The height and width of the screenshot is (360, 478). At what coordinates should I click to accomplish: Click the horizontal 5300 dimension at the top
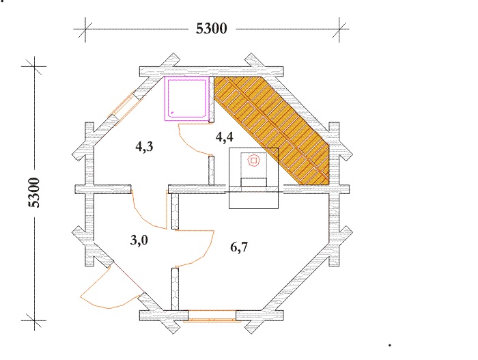[x=211, y=29]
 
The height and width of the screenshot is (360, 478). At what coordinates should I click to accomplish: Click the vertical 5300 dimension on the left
[x=34, y=193]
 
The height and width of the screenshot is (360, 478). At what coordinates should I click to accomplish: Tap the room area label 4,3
[x=144, y=147]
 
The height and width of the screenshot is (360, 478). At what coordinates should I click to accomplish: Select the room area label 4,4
[x=225, y=137]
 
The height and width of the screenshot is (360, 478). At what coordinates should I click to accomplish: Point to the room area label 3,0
[x=139, y=240]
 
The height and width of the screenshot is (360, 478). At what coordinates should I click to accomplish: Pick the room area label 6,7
[x=239, y=247]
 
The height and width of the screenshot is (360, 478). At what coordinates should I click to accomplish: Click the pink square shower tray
[x=186, y=98]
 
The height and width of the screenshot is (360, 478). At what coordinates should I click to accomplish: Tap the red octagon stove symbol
[x=253, y=160]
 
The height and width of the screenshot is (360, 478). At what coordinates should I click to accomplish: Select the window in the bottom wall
[x=212, y=316]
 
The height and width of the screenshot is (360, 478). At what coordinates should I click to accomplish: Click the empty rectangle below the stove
[x=254, y=200]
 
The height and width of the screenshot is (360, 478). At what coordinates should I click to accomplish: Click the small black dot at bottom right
[x=390, y=346]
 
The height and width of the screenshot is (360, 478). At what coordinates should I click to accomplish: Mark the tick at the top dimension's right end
[x=339, y=29]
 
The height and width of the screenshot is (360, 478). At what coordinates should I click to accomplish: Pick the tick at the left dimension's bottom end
[x=34, y=320]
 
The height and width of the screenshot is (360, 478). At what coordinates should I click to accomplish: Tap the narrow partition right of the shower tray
[x=211, y=100]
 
